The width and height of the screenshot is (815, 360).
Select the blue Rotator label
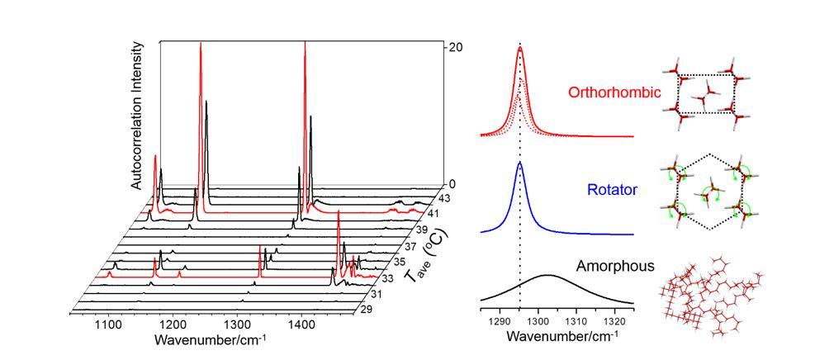pyautogui.click(x=614, y=190)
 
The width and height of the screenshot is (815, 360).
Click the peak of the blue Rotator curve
pyautogui.click(x=519, y=163)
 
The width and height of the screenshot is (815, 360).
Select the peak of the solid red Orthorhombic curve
pyautogui.click(x=520, y=48)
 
